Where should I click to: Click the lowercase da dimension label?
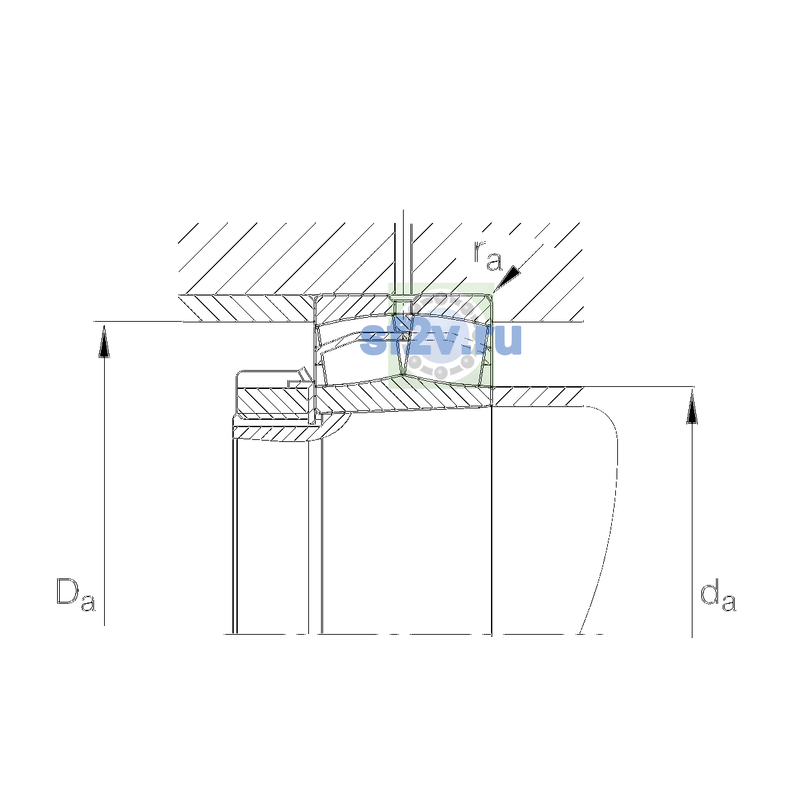(718, 594)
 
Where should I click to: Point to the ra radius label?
(488, 255)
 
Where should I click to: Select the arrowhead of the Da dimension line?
(104, 342)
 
